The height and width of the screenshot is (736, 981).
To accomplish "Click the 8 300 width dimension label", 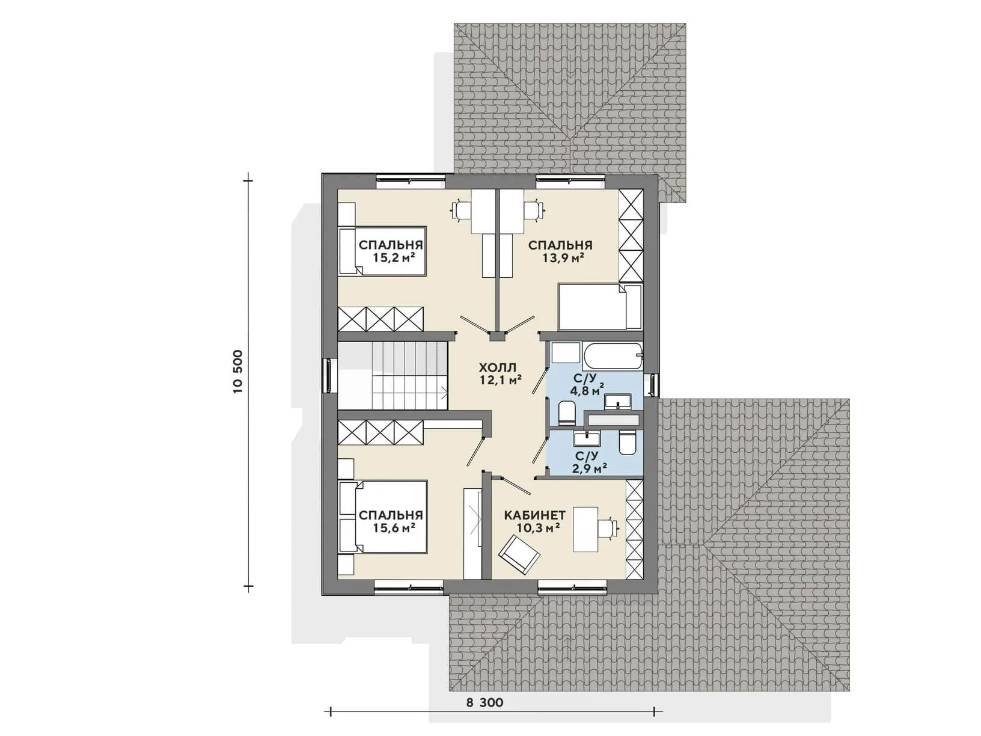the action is pos(484,702).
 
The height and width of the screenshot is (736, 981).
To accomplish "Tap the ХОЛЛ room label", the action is pos(498,367).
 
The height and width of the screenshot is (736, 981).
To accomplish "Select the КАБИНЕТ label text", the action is pos(534,515).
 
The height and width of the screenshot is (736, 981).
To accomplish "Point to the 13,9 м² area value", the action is pos(564,258).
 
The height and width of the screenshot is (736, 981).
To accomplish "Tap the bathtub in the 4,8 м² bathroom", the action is pos(613,356).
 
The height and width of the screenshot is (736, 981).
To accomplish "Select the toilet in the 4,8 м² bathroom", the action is pos(567,412).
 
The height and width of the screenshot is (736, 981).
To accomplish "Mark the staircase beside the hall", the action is pos(393,375).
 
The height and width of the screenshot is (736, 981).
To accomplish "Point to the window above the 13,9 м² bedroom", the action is pos(570,180).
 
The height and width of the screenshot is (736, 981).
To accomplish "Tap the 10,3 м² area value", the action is pos(539,528).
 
